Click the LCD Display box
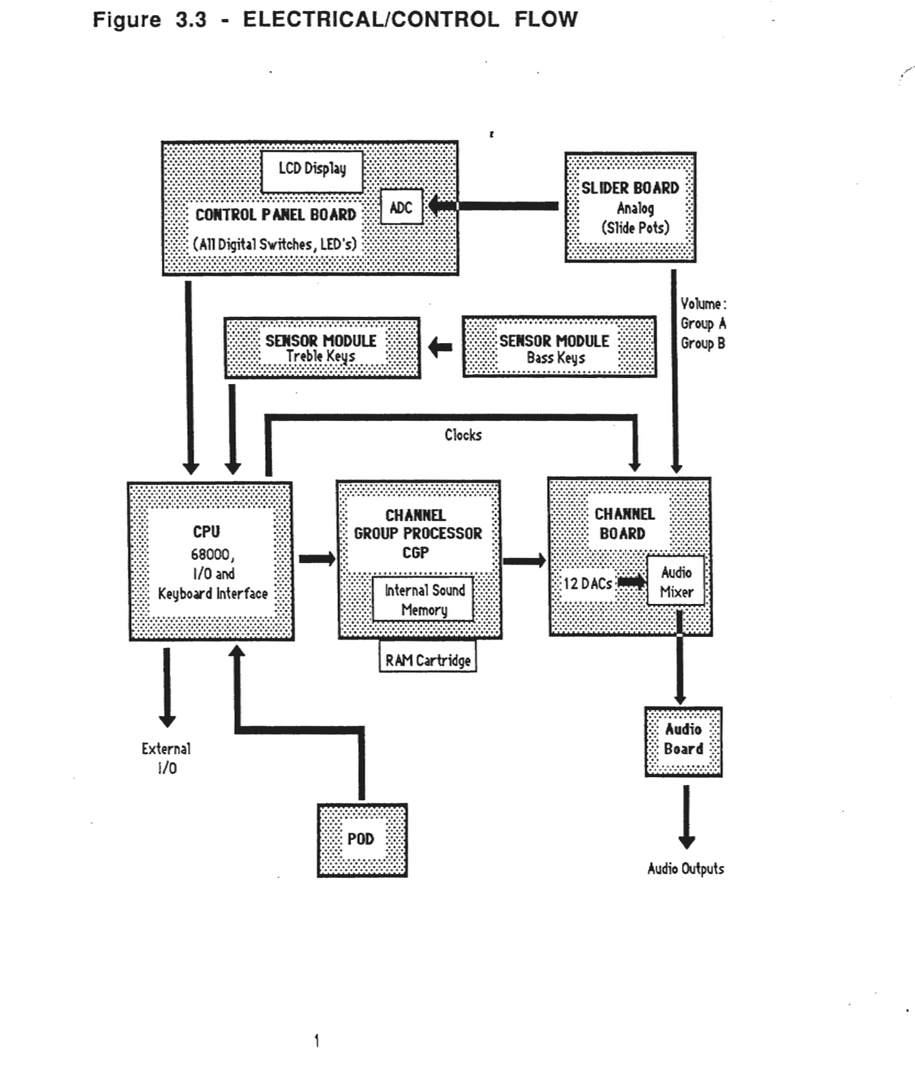coord(312,171)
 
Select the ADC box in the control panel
coord(402,207)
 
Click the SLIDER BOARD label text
coord(629,188)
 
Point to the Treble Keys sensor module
coord(322,348)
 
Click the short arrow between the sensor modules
coord(440,347)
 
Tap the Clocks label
coord(463,435)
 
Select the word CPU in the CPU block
coord(207,532)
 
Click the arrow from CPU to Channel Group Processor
coord(316,559)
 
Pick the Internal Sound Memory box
coord(423,599)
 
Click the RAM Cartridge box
coord(428,659)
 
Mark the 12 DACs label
coord(587,583)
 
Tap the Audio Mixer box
coord(676,581)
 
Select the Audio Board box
coord(683,741)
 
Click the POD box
coord(362,839)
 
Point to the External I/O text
coord(167,758)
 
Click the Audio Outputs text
coord(685,869)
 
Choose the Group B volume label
coord(702,343)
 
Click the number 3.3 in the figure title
coord(191,20)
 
